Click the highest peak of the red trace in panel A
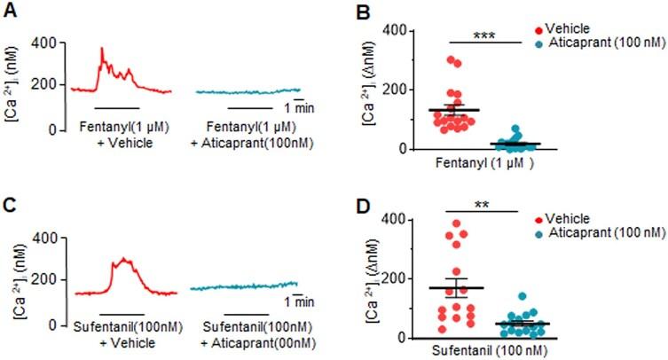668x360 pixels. click(102, 49)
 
